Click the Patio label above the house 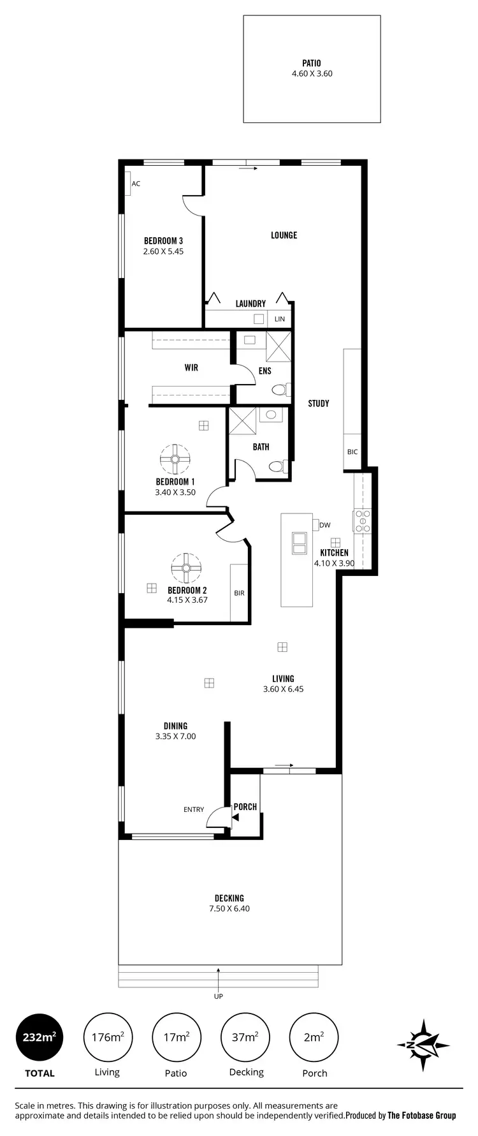312,63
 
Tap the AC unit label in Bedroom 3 136,184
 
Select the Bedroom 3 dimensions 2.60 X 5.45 163,251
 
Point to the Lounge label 284,235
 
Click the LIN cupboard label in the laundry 280,319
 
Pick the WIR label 191,368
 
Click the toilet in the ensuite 280,390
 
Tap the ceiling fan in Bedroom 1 175,458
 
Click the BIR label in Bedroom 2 239,593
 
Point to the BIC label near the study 352,452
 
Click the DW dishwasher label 325,526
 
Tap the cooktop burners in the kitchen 363,520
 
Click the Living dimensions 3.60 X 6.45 283,689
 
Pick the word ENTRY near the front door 194,809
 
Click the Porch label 245,807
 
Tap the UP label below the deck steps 219,996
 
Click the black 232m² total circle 40,1038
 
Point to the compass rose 423,1045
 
